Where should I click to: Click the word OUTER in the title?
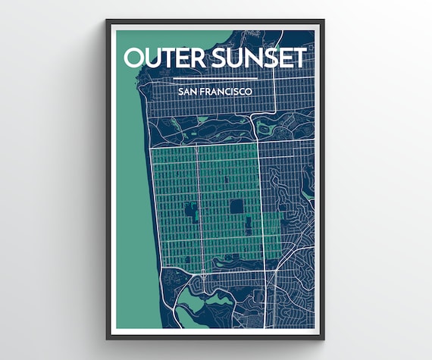161,58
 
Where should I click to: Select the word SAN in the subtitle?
186,92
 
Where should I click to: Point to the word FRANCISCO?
227,92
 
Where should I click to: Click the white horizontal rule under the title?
215,78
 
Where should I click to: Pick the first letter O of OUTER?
133,58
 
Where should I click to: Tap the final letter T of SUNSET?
300,58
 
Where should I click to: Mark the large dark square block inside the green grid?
237,206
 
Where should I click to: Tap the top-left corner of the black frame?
108,22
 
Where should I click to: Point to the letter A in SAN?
186,92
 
